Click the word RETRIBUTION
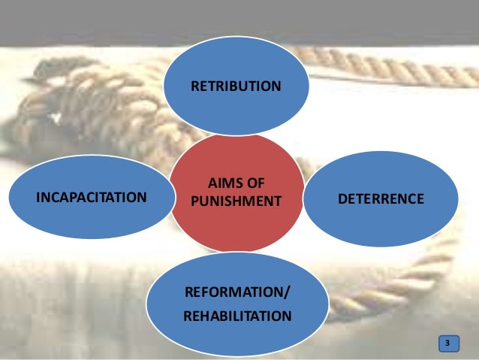(236, 86)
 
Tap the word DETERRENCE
(381, 198)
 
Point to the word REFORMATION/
(235, 292)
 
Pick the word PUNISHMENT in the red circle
(236, 201)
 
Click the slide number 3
(447, 343)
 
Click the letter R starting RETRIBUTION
(194, 86)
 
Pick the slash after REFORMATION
(285, 292)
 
